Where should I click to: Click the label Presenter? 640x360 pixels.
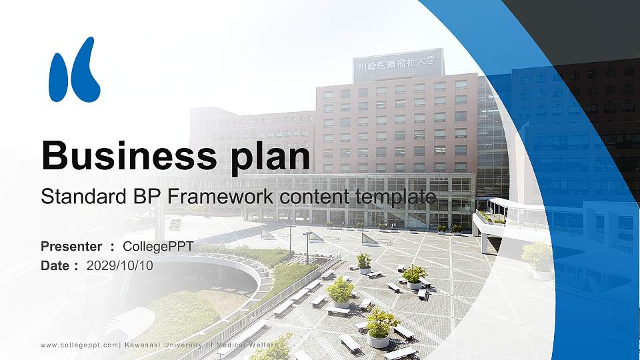(x=71, y=247)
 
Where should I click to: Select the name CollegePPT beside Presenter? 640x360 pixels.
(x=158, y=247)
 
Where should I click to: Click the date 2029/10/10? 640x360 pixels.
(x=120, y=265)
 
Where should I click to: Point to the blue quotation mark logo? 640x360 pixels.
(x=75, y=70)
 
